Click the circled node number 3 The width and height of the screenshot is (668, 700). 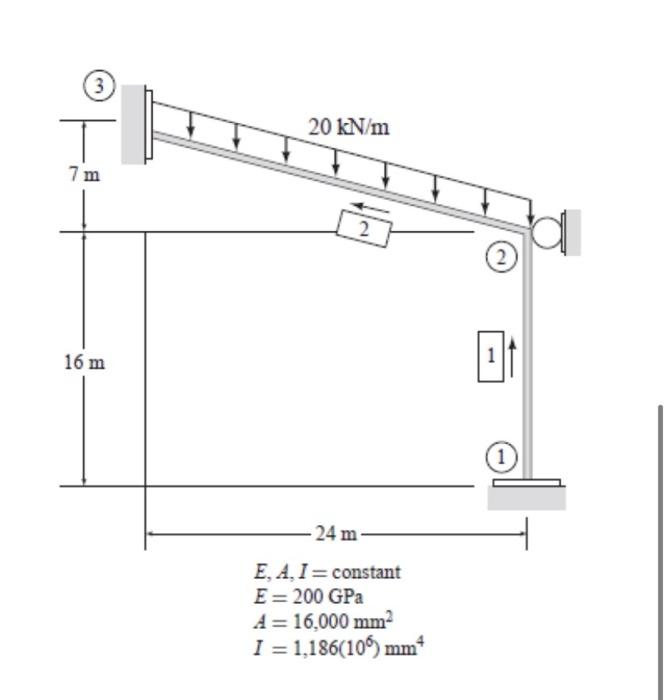(x=99, y=85)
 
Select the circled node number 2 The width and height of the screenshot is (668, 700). (x=501, y=258)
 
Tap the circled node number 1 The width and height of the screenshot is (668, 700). (x=501, y=457)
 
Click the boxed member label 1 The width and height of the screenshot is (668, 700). (x=491, y=356)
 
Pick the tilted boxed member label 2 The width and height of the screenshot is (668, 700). (x=364, y=229)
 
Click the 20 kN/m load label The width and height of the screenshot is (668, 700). (x=349, y=127)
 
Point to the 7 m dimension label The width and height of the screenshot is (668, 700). (x=84, y=174)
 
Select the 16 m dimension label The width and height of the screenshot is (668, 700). (x=84, y=362)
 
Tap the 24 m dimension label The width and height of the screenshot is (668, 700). (x=336, y=533)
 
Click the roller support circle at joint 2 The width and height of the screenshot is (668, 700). (x=547, y=232)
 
